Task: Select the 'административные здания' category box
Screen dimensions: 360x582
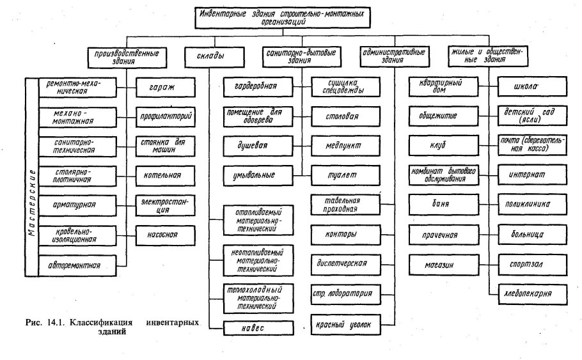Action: pyautogui.click(x=391, y=56)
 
